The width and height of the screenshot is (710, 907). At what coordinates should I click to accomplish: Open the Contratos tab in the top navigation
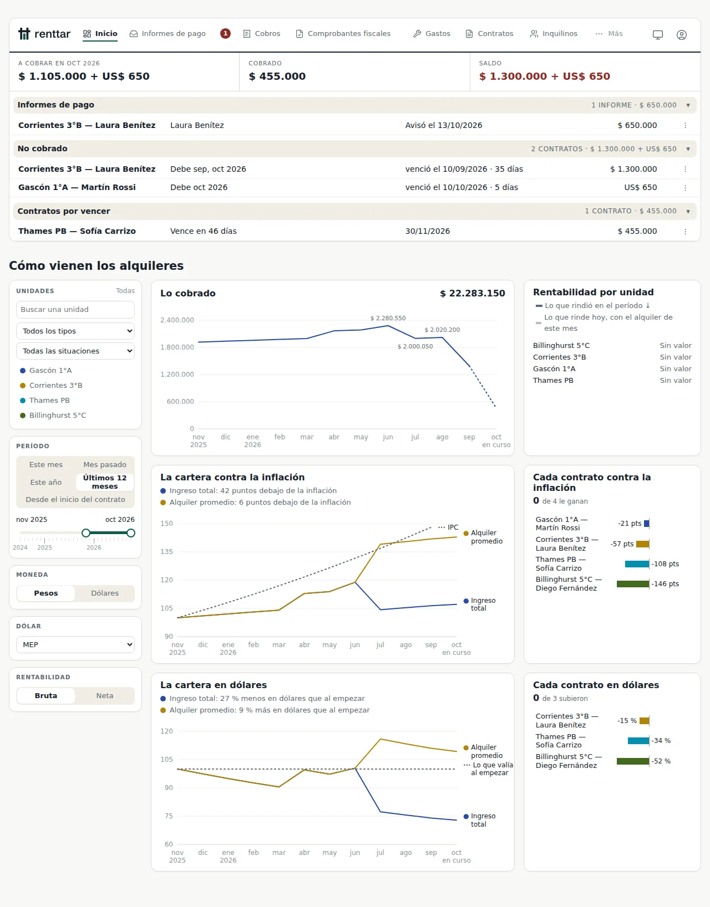coord(489,34)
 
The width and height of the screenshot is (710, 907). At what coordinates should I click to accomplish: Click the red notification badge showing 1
coord(225,34)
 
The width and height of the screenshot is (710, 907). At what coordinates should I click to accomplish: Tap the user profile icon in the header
coord(681,35)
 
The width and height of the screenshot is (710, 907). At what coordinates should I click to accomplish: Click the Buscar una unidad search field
coord(75,309)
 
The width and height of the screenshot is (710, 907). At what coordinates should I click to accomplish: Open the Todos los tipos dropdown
coord(75,331)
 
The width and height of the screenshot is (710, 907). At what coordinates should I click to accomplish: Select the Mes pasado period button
coord(104,464)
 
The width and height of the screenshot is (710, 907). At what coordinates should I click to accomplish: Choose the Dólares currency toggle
coord(104,593)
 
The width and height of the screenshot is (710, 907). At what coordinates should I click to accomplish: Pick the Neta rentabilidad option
coord(104,695)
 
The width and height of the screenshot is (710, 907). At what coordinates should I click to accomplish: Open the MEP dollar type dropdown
coord(75,644)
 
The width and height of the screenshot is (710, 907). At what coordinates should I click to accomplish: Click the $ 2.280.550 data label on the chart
coord(388,318)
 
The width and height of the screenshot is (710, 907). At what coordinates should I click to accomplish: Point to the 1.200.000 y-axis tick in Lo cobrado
coord(177,375)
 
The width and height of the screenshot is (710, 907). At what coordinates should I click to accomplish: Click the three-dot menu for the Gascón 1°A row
coord(685,188)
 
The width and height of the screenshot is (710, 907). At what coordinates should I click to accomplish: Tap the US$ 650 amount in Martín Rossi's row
coord(640,187)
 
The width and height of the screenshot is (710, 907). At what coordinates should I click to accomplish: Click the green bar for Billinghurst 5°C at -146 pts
coord(633,584)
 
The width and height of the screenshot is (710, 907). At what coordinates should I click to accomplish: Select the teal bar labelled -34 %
coord(638,740)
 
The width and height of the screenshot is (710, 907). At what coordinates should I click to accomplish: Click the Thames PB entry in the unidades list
coord(49,400)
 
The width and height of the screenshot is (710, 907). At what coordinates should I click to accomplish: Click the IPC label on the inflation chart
coord(453,527)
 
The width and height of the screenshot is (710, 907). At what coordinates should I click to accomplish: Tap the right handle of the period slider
coord(131,533)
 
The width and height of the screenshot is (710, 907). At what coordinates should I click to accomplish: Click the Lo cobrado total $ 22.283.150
coord(472,294)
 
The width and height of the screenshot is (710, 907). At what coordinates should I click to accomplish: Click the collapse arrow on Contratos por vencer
coord(688,211)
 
